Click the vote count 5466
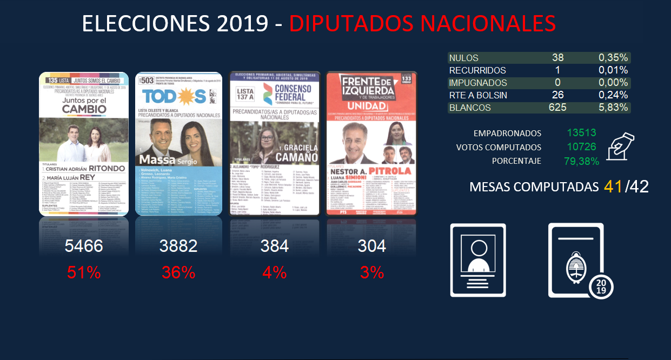pyautogui.click(x=83, y=246)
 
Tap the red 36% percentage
pyautogui.click(x=178, y=272)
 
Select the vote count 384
pyautogui.click(x=274, y=246)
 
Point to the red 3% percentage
pyautogui.click(x=372, y=272)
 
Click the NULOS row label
pyautogui.click(x=464, y=58)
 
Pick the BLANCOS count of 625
pyautogui.click(x=557, y=108)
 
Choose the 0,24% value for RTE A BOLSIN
pyautogui.click(x=613, y=95)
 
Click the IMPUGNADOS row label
pyautogui.click(x=478, y=83)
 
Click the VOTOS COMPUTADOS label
pyautogui.click(x=499, y=147)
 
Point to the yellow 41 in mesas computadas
pyautogui.click(x=613, y=186)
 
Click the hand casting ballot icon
pyautogui.click(x=621, y=146)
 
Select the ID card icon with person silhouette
pyautogui.click(x=479, y=260)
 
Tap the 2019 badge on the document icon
pyautogui.click(x=601, y=285)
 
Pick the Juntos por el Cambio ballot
pyautogui.click(x=84, y=144)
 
